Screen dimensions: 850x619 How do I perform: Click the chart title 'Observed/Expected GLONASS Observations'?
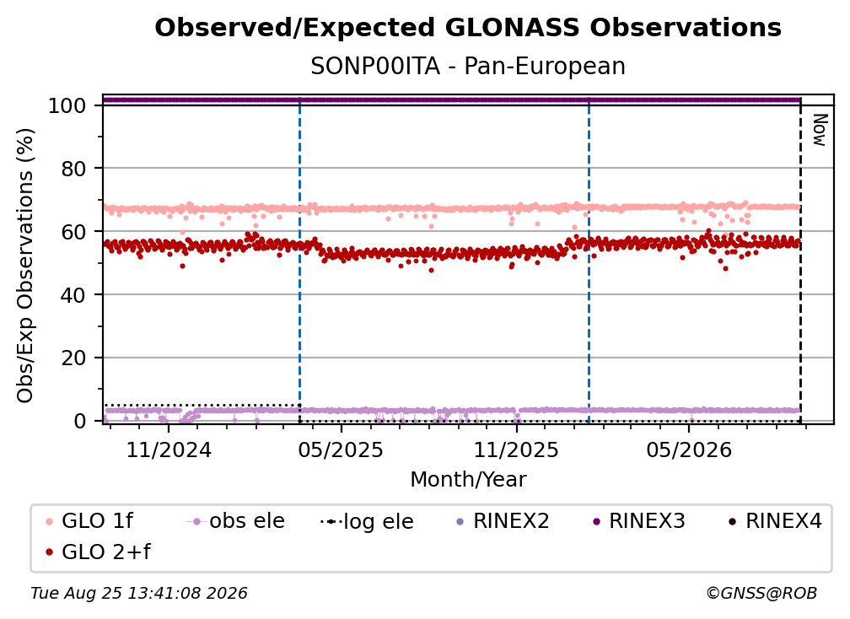tap(468, 28)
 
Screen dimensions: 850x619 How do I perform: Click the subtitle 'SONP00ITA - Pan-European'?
tap(468, 67)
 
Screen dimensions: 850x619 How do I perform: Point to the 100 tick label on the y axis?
tap(67, 105)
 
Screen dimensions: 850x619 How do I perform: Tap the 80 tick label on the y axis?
tap(73, 170)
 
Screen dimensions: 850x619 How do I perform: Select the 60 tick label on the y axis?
tap(73, 232)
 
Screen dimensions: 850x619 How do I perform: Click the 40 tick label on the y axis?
tap(73, 295)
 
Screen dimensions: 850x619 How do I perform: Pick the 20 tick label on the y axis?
tap(73, 358)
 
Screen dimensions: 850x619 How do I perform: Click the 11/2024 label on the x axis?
tap(169, 449)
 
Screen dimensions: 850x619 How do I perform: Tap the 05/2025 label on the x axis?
tap(341, 449)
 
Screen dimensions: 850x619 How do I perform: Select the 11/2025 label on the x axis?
tap(516, 449)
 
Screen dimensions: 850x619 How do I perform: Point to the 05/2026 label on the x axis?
tap(688, 449)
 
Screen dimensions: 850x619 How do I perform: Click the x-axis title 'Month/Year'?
tap(468, 480)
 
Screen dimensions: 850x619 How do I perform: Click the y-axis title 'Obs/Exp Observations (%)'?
tap(25, 265)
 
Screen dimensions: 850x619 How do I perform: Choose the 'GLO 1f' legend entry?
tap(90, 521)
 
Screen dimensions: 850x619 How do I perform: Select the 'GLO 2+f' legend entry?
tap(99, 552)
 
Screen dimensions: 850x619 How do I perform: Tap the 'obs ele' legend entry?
tap(235, 521)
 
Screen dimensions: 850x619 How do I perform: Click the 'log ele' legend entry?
tap(367, 521)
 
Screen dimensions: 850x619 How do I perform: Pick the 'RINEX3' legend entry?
tap(638, 521)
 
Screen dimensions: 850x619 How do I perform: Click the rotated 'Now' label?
tap(819, 130)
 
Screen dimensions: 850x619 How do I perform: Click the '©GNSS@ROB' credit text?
tap(761, 593)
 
